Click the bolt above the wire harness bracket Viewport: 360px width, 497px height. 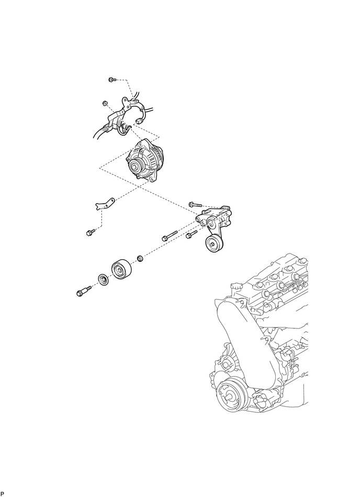tap(111, 80)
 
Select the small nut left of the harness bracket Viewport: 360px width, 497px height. tap(104, 102)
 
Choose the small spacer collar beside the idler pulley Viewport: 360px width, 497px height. tap(140, 258)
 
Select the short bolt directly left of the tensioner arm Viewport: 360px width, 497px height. tap(190, 235)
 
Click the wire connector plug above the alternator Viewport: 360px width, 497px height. tap(139, 121)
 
